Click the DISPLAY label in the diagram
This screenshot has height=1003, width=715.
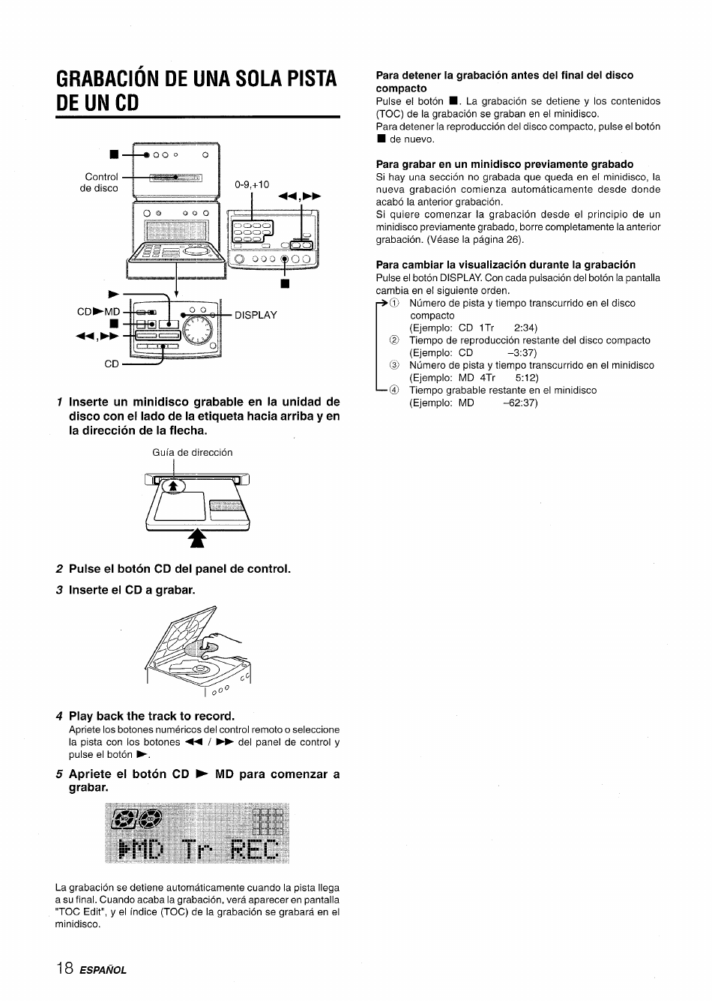click(x=256, y=315)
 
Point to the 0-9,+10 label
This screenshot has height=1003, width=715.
click(x=251, y=184)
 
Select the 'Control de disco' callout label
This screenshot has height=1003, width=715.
click(x=100, y=182)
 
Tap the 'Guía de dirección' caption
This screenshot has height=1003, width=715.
click(x=192, y=452)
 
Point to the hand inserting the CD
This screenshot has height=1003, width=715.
click(x=225, y=642)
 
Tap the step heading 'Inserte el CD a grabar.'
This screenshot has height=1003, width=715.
click(x=132, y=590)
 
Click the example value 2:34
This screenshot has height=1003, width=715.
click(x=525, y=328)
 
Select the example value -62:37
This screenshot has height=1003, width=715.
click(x=520, y=403)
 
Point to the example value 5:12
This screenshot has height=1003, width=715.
click(x=526, y=378)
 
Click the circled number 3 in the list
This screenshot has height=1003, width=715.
click(x=393, y=365)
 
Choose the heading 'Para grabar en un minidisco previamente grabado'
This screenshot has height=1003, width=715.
click(x=504, y=163)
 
